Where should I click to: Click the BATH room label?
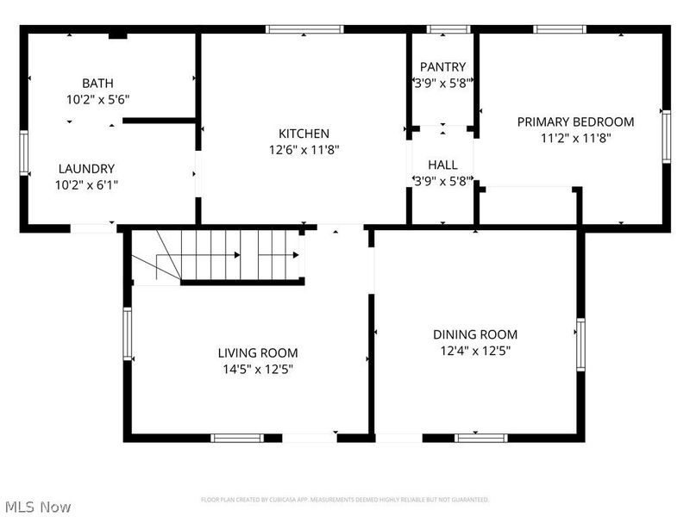(x=97, y=84)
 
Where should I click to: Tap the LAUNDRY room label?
(x=86, y=169)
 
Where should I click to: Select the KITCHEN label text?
(x=304, y=134)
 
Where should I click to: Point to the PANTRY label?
(x=442, y=67)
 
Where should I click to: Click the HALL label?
(x=442, y=165)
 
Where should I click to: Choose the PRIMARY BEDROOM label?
(x=575, y=121)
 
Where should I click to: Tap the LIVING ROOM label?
(x=258, y=352)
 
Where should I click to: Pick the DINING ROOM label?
(x=475, y=334)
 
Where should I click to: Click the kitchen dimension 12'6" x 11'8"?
(x=304, y=150)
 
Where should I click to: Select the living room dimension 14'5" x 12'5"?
(x=258, y=369)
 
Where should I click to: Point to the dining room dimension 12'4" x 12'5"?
(x=475, y=351)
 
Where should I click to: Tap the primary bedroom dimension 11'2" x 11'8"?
(x=575, y=138)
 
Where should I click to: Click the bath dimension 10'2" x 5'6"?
(x=97, y=99)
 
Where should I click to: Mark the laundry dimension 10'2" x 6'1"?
(x=86, y=184)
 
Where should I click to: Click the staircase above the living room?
(x=233, y=255)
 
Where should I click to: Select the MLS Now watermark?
(x=37, y=507)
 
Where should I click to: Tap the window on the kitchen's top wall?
(x=304, y=29)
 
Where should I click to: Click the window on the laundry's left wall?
(x=24, y=153)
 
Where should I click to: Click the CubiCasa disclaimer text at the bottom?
(x=345, y=500)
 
